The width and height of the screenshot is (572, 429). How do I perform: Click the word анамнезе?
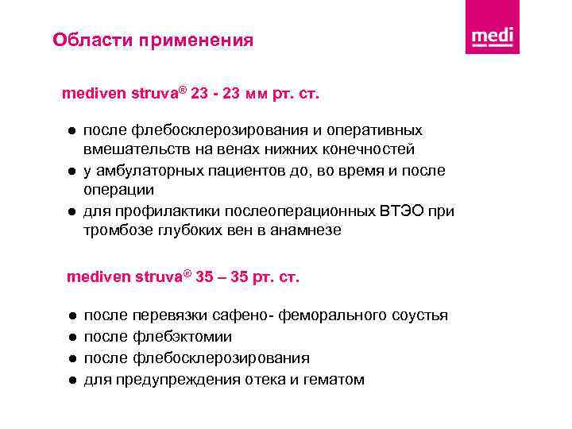tap(306, 230)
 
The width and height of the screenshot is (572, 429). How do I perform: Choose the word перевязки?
tap(167, 315)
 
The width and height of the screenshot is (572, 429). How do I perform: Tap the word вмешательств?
tap(128, 149)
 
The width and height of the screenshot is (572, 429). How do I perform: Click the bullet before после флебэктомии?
tap(71, 337)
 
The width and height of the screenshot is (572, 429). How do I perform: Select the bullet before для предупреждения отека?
tap(71, 380)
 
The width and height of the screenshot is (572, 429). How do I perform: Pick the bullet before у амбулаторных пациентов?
tap(71, 171)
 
